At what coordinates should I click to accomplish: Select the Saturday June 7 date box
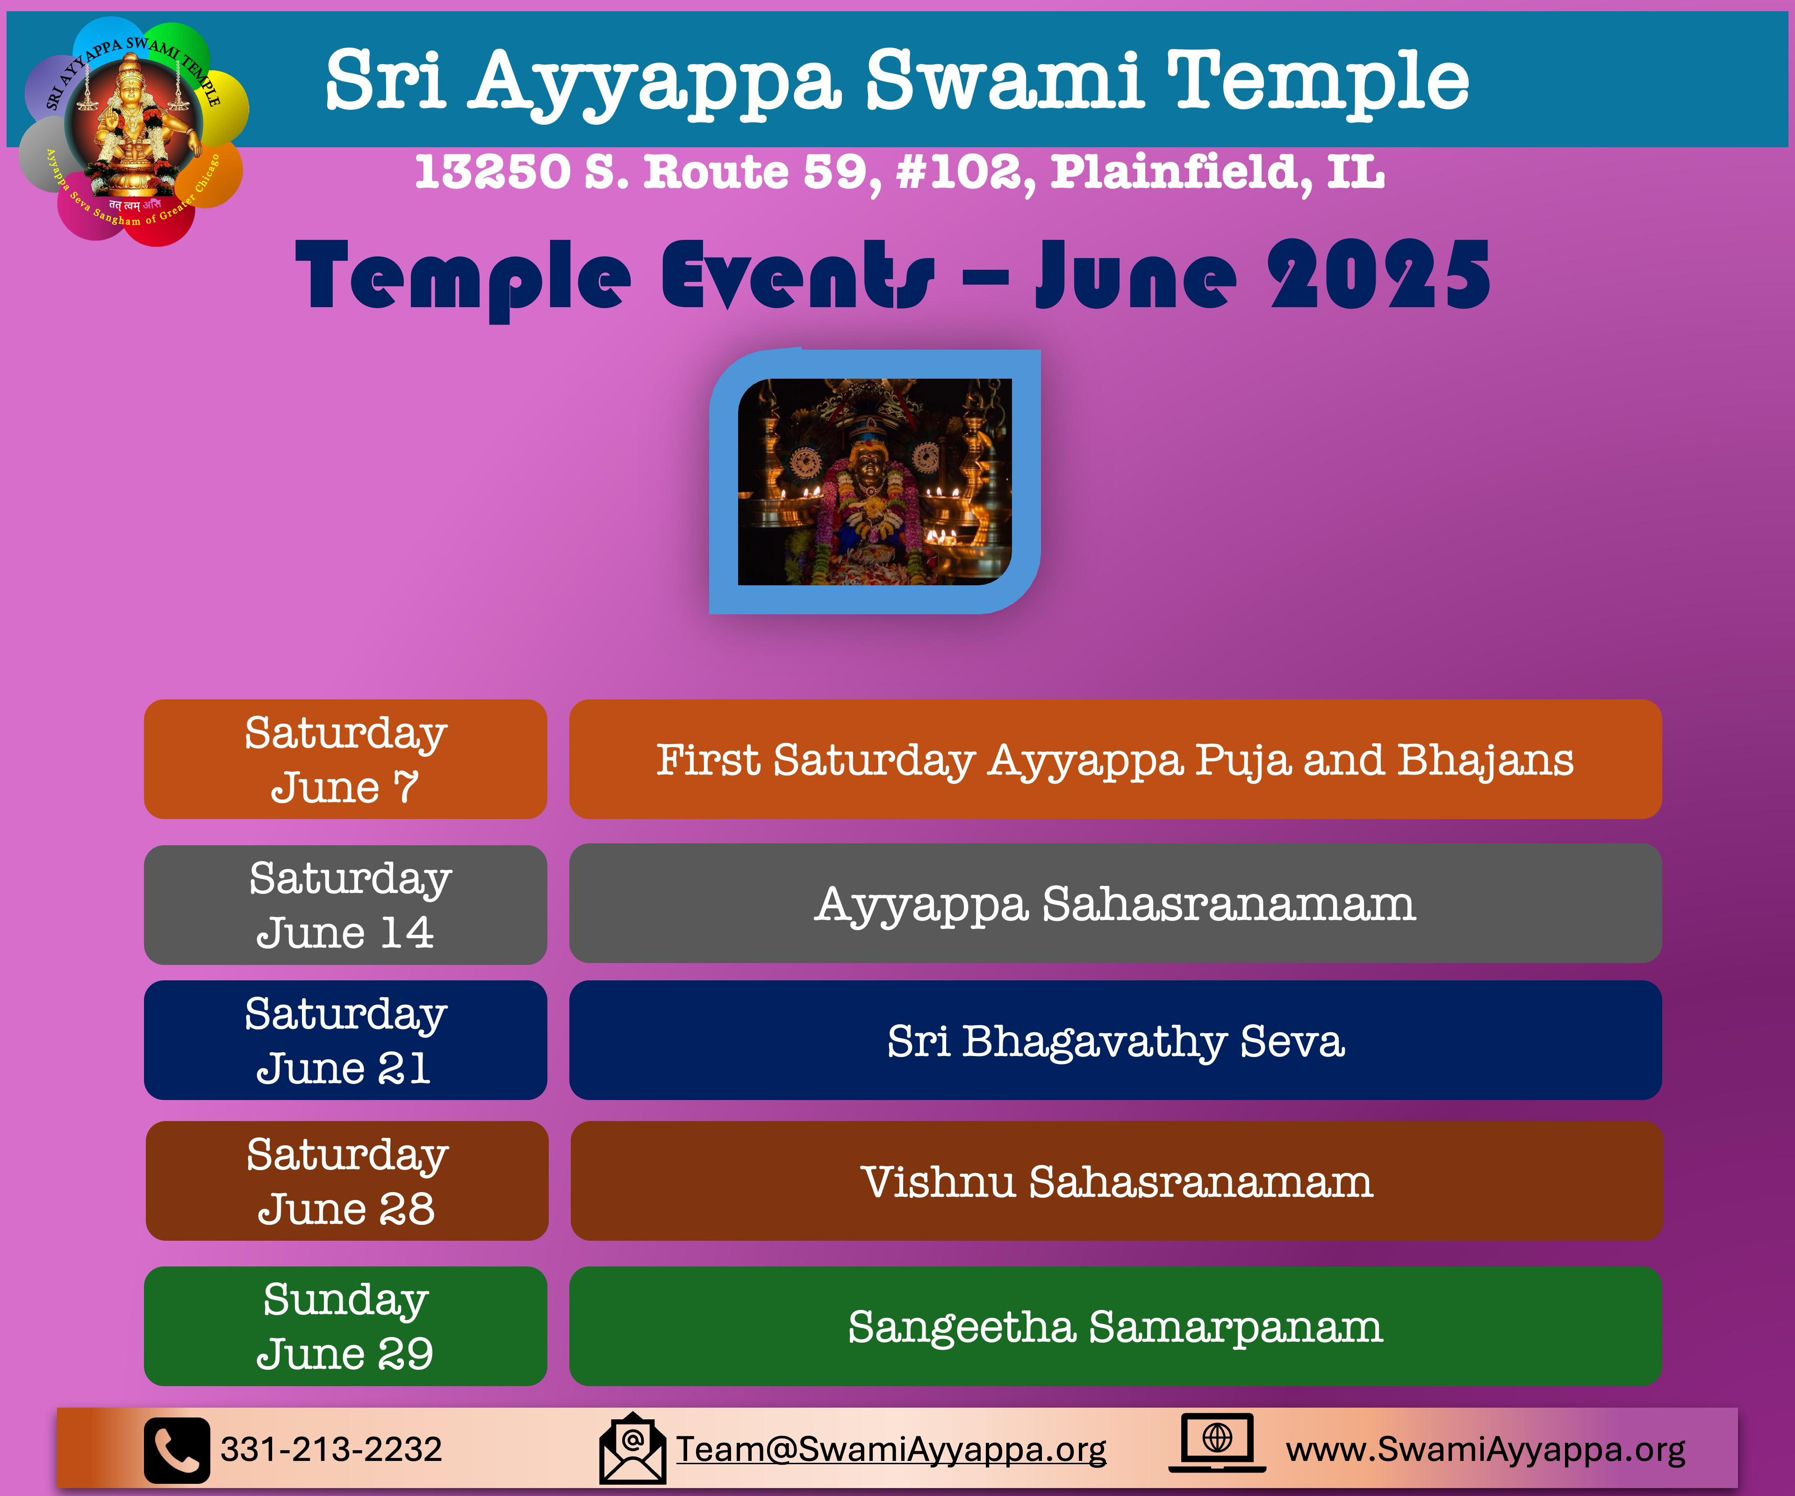[x=345, y=759]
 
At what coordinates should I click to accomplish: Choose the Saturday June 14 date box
[x=345, y=905]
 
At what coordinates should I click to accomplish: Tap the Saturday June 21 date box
[x=345, y=1040]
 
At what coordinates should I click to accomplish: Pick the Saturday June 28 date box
[x=347, y=1180]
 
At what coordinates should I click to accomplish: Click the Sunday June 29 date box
[x=345, y=1326]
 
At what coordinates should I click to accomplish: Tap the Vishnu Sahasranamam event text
[x=1116, y=1182]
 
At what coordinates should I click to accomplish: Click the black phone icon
[x=177, y=1450]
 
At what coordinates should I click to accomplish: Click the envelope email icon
[x=632, y=1448]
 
